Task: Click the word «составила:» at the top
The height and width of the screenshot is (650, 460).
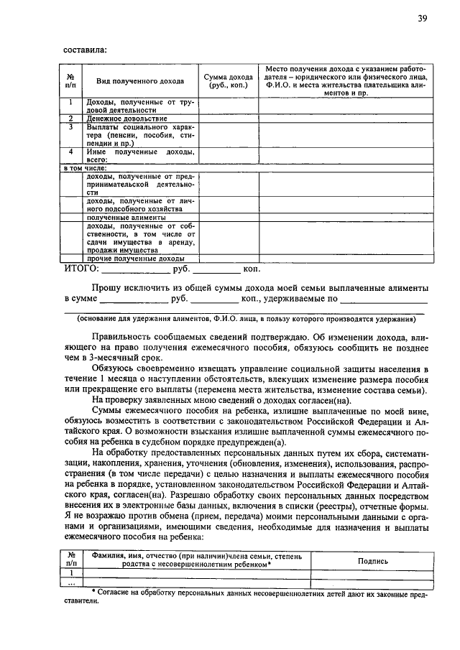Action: click(86, 50)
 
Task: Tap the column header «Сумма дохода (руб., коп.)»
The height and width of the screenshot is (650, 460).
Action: click(228, 80)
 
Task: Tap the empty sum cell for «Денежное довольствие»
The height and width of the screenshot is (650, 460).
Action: click(228, 119)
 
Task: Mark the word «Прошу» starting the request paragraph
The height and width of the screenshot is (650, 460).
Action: click(107, 287)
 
